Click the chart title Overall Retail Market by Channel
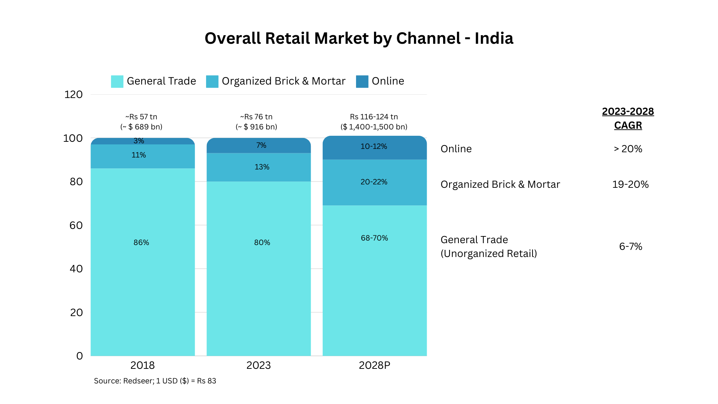tap(359, 38)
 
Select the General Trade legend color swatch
tap(117, 82)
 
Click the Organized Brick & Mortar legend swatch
tap(212, 82)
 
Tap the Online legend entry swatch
tap(362, 82)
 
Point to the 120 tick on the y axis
tap(73, 95)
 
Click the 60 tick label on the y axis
tap(76, 225)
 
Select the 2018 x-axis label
tap(142, 365)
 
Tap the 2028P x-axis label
tap(374, 365)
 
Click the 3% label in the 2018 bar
tap(139, 141)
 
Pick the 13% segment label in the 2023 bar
tap(262, 167)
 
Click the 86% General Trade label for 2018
tap(141, 242)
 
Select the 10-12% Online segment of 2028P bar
tap(374, 147)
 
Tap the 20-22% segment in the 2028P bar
tap(374, 182)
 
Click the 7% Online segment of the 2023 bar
tap(261, 145)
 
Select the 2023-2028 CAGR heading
tap(628, 118)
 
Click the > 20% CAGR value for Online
tap(628, 149)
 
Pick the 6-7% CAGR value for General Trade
tap(630, 247)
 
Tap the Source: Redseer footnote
tap(155, 381)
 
